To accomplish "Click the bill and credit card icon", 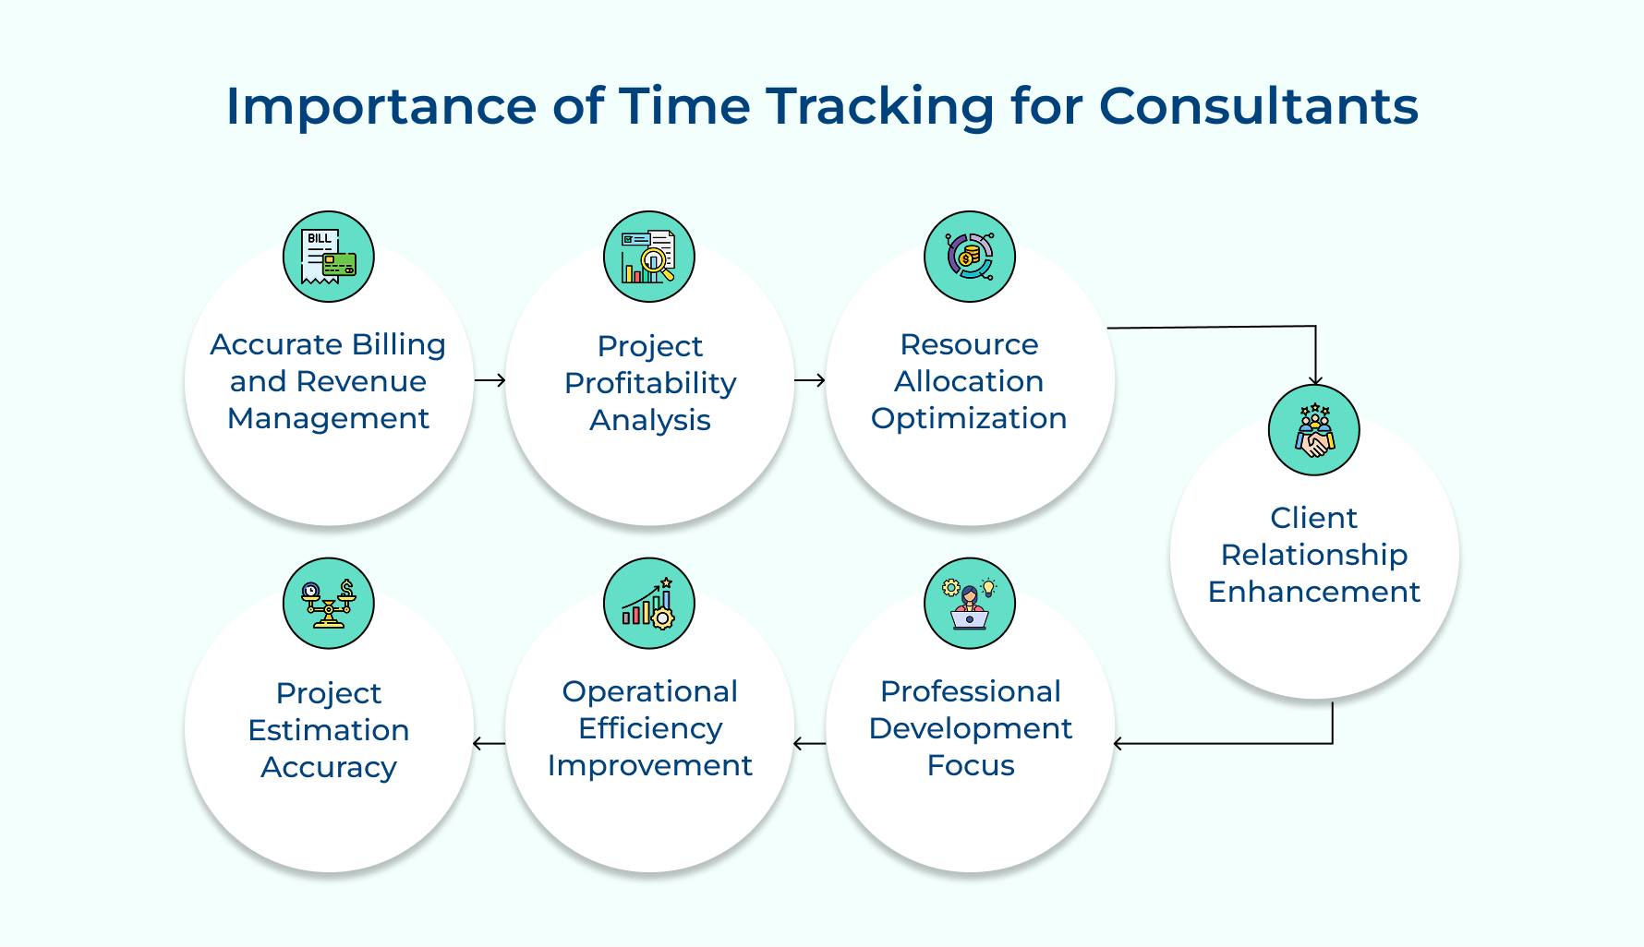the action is pyautogui.click(x=329, y=257).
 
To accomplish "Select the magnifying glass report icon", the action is pyautogui.click(x=649, y=257).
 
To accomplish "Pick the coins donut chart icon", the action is pyautogui.click(x=970, y=257).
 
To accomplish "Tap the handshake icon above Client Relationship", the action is pyautogui.click(x=1314, y=430).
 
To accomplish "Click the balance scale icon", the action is pyautogui.click(x=329, y=604).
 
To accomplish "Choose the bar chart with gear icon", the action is pyautogui.click(x=649, y=604).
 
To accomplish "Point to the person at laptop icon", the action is pyautogui.click(x=970, y=604).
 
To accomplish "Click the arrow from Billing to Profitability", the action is pyautogui.click(x=490, y=380).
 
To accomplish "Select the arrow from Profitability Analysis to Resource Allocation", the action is pyautogui.click(x=810, y=380).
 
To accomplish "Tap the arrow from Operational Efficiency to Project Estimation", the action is pyautogui.click(x=489, y=743).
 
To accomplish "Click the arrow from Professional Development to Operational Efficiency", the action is pyautogui.click(x=809, y=743).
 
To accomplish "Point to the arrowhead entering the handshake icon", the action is pyautogui.click(x=1315, y=380).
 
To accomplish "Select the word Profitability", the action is pyautogui.click(x=650, y=384).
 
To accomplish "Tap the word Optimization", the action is pyautogui.click(x=969, y=419).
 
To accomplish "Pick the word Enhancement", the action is pyautogui.click(x=1314, y=592).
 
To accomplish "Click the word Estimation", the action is pyautogui.click(x=329, y=730).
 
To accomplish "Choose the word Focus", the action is pyautogui.click(x=971, y=765).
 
